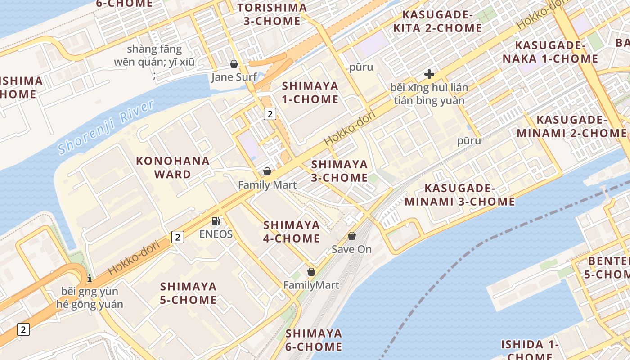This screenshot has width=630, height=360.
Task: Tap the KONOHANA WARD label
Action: pyautogui.click(x=173, y=167)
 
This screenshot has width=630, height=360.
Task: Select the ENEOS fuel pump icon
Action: pyautogui.click(x=216, y=221)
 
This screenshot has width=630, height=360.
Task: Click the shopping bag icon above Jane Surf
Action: pyautogui.click(x=234, y=64)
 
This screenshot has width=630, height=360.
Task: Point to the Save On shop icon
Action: pyautogui.click(x=352, y=236)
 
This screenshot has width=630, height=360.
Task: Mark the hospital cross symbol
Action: pyautogui.click(x=429, y=74)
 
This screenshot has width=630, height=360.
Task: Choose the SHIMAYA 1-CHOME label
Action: pyautogui.click(x=310, y=93)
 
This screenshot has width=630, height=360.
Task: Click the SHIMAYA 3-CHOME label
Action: pyautogui.click(x=340, y=171)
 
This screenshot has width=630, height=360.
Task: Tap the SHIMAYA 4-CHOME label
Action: pyautogui.click(x=292, y=231)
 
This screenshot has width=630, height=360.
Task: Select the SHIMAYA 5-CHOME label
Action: pyautogui.click(x=189, y=293)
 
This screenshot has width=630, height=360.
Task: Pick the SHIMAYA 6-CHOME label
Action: pyautogui.click(x=314, y=340)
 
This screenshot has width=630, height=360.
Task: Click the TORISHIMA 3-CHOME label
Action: pyautogui.click(x=272, y=14)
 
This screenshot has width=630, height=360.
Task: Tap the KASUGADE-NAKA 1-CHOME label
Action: pyautogui.click(x=550, y=52)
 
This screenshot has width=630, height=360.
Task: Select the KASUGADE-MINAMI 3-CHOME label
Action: pyautogui.click(x=459, y=195)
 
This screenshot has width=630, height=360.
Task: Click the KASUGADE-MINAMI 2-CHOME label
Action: pyautogui.click(x=572, y=126)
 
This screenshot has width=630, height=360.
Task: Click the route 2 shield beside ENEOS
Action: pyautogui.click(x=178, y=237)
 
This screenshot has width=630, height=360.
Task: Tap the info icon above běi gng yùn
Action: pyautogui.click(x=90, y=278)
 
